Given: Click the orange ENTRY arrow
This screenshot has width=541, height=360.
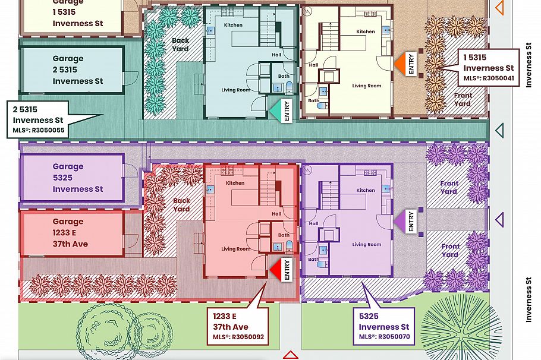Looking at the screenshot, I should click(399, 64).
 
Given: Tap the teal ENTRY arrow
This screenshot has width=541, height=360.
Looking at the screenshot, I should click(276, 110).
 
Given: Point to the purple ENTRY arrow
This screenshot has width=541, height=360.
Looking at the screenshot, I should click(400, 221).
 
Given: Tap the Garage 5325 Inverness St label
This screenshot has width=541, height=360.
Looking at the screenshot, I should click(77, 178).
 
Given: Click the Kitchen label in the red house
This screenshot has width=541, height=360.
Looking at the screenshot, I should click(235, 183).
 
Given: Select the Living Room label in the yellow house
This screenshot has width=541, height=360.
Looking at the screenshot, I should click(366, 86).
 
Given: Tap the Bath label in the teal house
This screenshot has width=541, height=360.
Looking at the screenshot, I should click(284, 75).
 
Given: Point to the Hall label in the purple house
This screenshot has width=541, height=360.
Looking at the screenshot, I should click(313, 224).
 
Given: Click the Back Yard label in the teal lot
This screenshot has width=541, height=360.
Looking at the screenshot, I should click(180, 45).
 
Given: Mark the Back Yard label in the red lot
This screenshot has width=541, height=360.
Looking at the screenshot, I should click(181, 204).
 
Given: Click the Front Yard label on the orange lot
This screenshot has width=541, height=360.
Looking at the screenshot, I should click(463, 99).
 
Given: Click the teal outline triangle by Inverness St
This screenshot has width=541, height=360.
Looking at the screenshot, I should click(499, 130).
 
